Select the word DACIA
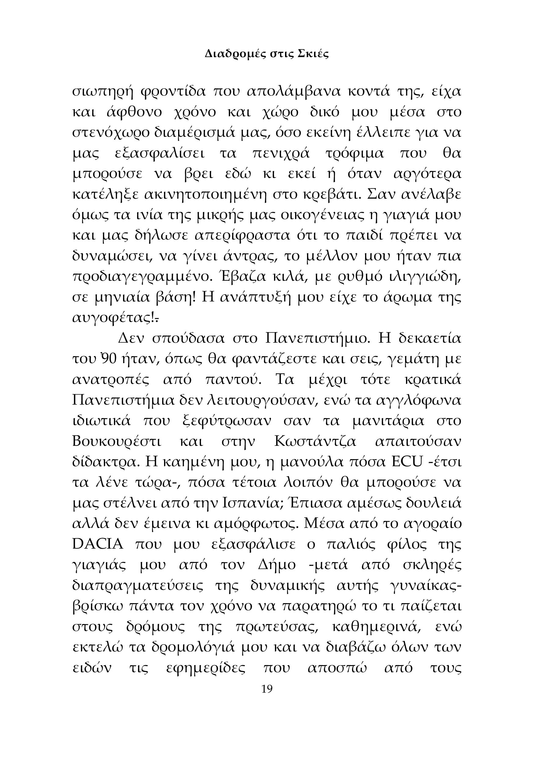(98, 545)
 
